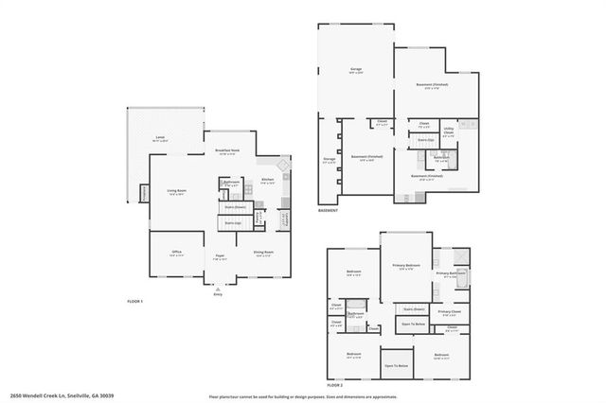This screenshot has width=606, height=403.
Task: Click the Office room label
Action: [x=175, y=253]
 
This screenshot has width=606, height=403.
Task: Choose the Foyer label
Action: [x=219, y=255]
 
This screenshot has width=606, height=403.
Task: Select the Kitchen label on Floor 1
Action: [x=267, y=179]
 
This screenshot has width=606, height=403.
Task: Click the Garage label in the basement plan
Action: [x=356, y=69]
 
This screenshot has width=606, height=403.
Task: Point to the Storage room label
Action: [x=329, y=160]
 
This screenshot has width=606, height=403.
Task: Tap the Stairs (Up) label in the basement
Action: [x=425, y=139]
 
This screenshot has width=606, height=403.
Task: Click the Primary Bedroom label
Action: [x=405, y=266]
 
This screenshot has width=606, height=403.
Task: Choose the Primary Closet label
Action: [x=449, y=311]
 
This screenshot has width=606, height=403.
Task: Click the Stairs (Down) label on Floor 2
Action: [x=414, y=308]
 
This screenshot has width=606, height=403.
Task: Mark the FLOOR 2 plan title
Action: [x=334, y=385]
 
